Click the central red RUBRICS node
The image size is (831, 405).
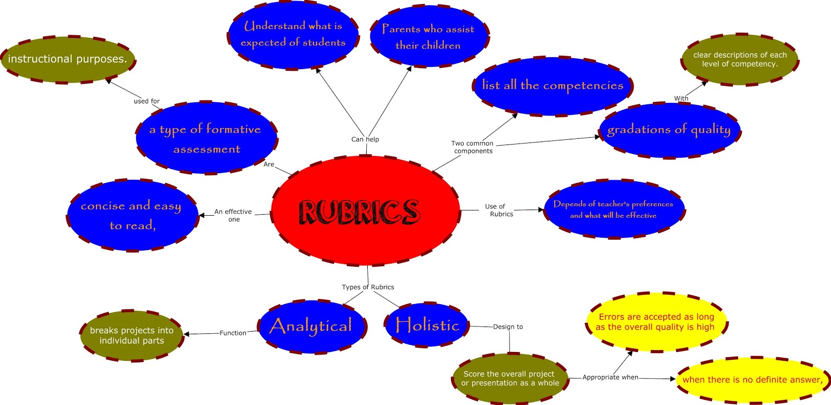click(365, 212)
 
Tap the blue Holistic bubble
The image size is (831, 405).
click(427, 325)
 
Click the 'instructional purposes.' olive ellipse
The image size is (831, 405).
click(68, 59)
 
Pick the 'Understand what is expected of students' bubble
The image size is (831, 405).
click(293, 34)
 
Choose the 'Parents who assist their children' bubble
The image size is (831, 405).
click(428, 37)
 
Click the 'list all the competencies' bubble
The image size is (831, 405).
click(553, 86)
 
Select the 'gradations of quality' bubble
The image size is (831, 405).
click(669, 130)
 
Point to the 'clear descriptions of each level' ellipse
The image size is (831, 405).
click(740, 60)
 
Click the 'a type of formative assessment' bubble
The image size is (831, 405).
click(206, 138)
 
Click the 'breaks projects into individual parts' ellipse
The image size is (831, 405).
click(132, 335)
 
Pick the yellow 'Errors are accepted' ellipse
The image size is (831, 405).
click(655, 322)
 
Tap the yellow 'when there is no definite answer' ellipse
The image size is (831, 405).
click(752, 380)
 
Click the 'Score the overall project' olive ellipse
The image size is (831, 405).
click(510, 378)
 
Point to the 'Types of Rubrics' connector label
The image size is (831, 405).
click(368, 287)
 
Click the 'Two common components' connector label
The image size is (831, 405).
click(473, 147)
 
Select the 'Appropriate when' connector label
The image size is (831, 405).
click(610, 377)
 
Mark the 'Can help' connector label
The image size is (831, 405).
click(365, 139)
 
